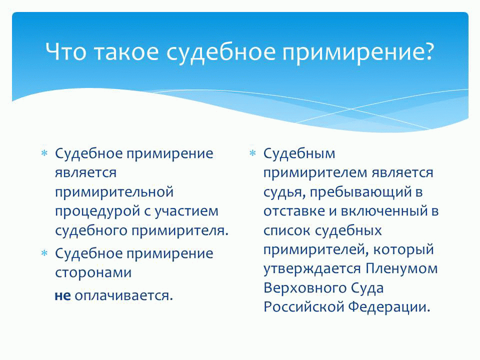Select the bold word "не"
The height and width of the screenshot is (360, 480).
point(63,295)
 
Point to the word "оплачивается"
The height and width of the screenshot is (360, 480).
point(122,295)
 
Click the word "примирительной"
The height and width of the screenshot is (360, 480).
point(114,192)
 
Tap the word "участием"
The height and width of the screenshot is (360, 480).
point(186,211)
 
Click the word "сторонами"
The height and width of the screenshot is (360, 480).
point(93,272)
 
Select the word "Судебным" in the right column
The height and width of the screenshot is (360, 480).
point(299,153)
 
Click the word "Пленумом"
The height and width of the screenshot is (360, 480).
point(401,269)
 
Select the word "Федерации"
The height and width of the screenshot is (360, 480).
point(389,306)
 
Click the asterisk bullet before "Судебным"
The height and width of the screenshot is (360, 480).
point(252,153)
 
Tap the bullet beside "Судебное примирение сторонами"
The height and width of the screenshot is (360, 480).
point(44,253)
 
